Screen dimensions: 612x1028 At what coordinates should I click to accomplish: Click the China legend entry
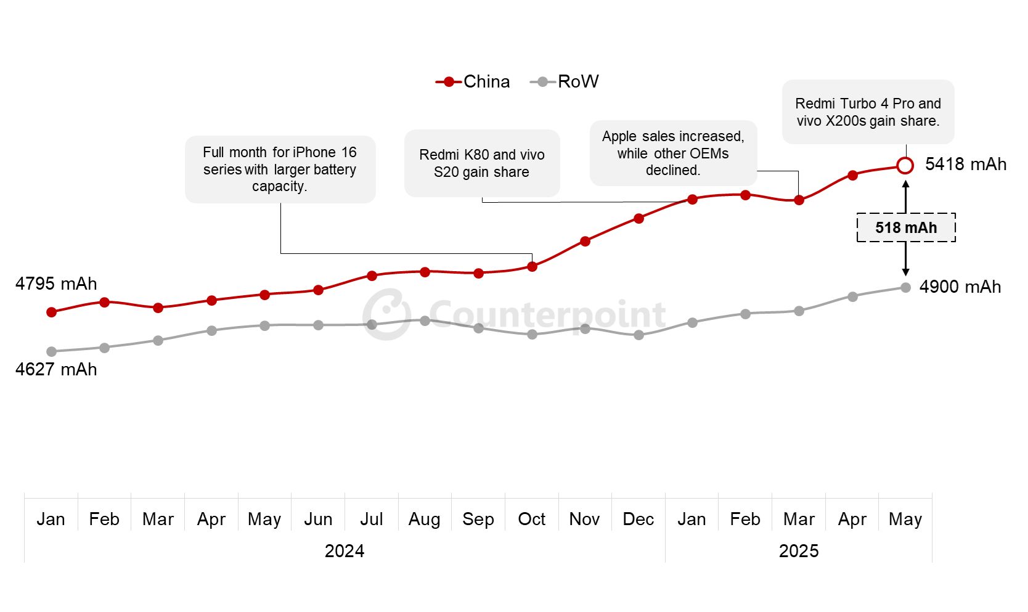coord(473,81)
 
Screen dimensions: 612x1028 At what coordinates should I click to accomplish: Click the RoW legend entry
coord(565,81)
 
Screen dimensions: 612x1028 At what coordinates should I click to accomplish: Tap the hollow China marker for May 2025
coord(905,165)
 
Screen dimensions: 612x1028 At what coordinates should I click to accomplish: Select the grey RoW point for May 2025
coord(905,287)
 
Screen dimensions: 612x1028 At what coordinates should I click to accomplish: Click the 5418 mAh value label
coord(965,164)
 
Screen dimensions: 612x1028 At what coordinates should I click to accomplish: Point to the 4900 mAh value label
coord(960,287)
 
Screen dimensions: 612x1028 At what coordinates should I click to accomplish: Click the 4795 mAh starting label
coord(56,284)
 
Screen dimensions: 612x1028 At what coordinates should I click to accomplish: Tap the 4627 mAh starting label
coord(56,369)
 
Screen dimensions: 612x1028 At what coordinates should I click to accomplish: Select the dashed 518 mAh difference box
coord(906,227)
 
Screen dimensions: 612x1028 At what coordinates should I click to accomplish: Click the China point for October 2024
coord(532,266)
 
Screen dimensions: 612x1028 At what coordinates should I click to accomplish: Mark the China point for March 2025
coord(799,200)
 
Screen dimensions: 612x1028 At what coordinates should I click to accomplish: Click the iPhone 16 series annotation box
coord(280,169)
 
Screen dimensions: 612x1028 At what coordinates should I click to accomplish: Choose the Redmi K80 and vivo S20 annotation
coord(481,163)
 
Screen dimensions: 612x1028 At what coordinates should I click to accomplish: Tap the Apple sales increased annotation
coord(673,153)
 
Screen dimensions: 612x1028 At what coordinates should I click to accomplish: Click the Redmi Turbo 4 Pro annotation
coord(868,112)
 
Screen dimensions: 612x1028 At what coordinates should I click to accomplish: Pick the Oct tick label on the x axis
coord(531,519)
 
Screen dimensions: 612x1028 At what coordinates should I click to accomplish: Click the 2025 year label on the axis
coord(798,550)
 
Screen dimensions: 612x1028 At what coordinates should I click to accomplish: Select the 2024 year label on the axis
coord(344,550)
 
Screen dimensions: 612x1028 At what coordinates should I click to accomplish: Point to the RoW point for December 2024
coord(638,335)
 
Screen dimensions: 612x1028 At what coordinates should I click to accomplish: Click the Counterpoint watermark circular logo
coord(386,314)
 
